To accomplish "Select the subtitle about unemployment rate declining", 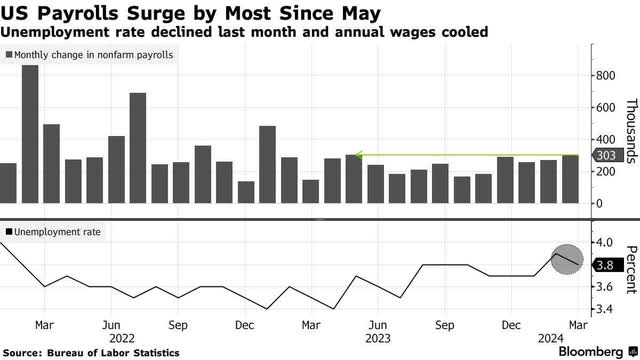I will point(245,32).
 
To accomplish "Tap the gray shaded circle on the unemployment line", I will point(567,259).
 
